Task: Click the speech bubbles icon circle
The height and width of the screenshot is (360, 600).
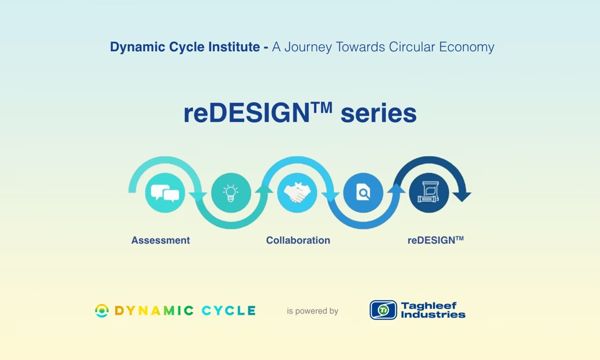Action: pos(165,193)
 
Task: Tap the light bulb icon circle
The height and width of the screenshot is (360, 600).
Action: pos(231,193)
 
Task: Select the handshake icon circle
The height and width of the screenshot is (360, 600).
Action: pos(297,193)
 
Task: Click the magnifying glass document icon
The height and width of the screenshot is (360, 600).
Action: pos(363,193)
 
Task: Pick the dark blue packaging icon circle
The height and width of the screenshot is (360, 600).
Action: pos(429,193)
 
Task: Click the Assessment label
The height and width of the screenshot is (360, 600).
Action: pos(160,240)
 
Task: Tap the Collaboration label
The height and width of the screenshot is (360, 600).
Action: pos(298,240)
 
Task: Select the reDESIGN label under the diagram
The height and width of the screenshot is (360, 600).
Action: pos(435,240)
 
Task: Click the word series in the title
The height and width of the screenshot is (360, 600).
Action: pos(378,113)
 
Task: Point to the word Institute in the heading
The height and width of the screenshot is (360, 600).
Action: pos(235,47)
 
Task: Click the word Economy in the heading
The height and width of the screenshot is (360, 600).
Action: pos(466,47)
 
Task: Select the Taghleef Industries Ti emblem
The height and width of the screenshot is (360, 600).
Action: pos(383,310)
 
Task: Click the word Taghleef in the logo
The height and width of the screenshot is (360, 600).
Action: pos(429,305)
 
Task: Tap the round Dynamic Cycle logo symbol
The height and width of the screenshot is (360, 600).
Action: pos(102,311)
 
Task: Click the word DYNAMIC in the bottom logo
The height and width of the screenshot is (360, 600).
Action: pos(154,311)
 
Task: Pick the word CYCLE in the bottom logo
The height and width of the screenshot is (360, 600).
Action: pos(228,311)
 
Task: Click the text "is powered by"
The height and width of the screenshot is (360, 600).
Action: pos(312,311)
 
